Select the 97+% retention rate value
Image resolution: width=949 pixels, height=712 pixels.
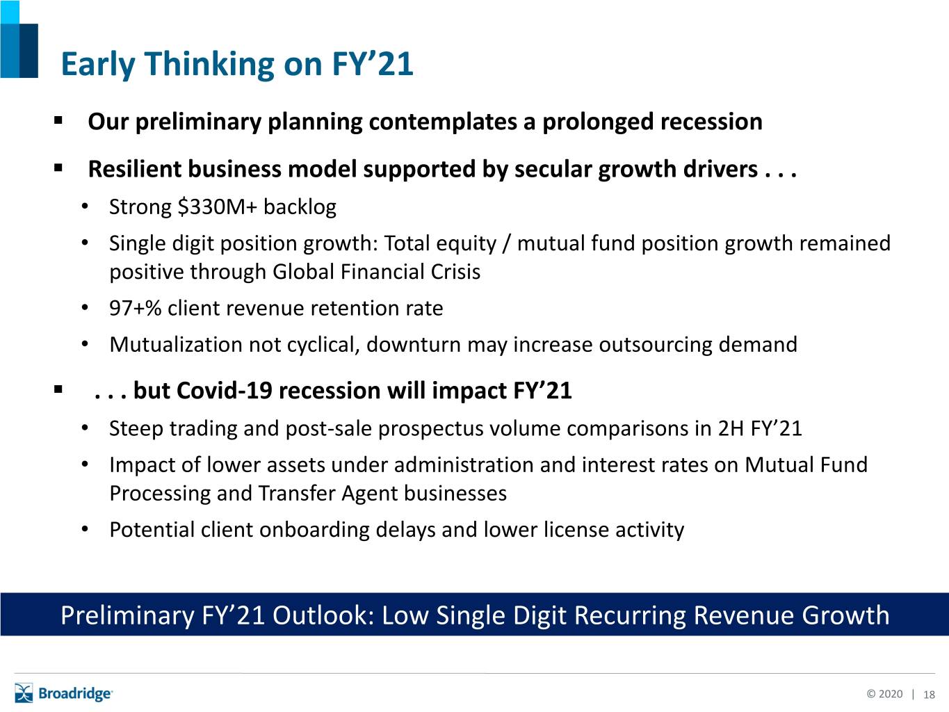(136, 308)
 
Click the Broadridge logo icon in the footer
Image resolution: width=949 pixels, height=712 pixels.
(24, 693)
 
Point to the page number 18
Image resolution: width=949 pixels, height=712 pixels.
(929, 695)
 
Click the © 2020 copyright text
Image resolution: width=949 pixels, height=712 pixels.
(884, 694)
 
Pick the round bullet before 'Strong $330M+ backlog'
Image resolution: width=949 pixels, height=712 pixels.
(85, 207)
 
